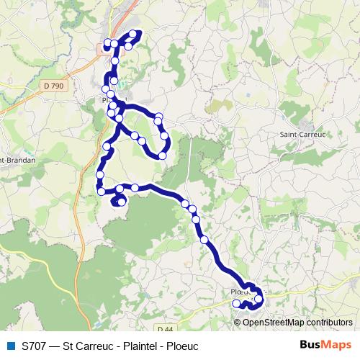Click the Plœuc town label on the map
(x=241, y=292)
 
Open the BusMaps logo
(x=325, y=345)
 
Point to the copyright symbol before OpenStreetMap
(x=238, y=322)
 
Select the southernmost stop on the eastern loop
(x=162, y=156)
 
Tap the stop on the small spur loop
(x=121, y=202)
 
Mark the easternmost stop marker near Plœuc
(x=258, y=297)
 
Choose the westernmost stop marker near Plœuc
(x=236, y=304)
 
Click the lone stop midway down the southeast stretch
(x=204, y=239)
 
